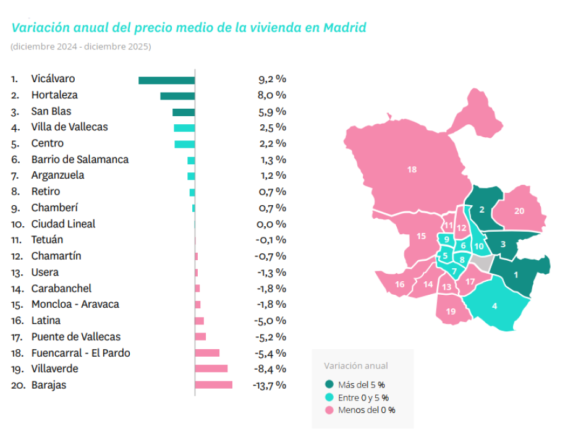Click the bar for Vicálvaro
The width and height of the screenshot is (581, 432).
coord(166,80)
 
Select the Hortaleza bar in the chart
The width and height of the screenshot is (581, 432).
coord(177,96)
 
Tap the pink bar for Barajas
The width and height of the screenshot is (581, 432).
coord(213,385)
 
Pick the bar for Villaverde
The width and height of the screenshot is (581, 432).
coord(211,369)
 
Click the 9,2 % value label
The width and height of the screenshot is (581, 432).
coord(272,79)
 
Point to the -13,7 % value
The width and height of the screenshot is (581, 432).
coord(269,385)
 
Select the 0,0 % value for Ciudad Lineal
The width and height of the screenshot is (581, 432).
coord(272,224)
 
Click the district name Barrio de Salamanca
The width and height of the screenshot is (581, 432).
coord(80,159)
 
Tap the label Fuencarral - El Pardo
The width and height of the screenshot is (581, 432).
coord(80,353)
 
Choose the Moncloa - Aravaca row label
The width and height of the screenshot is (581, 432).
coord(75,305)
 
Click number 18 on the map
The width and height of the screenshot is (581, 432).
coord(412,169)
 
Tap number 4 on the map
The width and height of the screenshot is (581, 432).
coord(494,306)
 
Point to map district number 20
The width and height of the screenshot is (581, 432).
coord(519,211)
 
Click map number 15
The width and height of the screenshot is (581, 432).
coord(422,236)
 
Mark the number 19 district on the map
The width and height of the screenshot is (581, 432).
coord(451,311)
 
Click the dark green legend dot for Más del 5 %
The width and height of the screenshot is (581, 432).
coord(329,384)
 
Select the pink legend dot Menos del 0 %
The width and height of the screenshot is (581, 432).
coord(329,410)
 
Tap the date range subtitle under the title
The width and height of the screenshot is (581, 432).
coord(80,47)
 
